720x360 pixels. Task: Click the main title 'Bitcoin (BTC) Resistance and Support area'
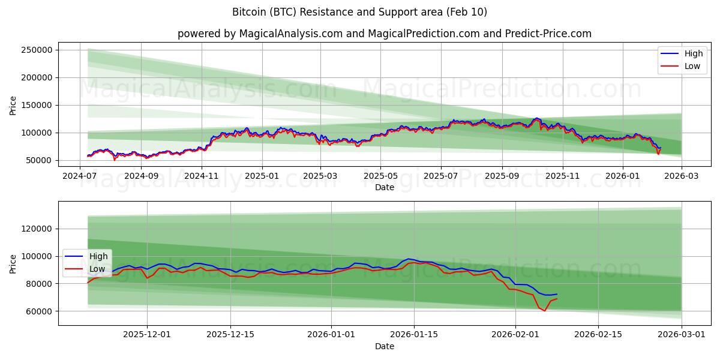point(359,12)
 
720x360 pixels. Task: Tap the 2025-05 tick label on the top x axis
point(380,176)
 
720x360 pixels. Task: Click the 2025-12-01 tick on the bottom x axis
point(146,335)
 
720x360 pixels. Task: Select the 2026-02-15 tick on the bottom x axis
point(598,335)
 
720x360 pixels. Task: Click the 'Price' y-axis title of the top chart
point(13,105)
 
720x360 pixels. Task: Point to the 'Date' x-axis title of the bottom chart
point(384,346)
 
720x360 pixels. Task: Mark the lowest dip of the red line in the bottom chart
point(545,311)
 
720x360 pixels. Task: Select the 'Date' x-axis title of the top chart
point(384,187)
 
